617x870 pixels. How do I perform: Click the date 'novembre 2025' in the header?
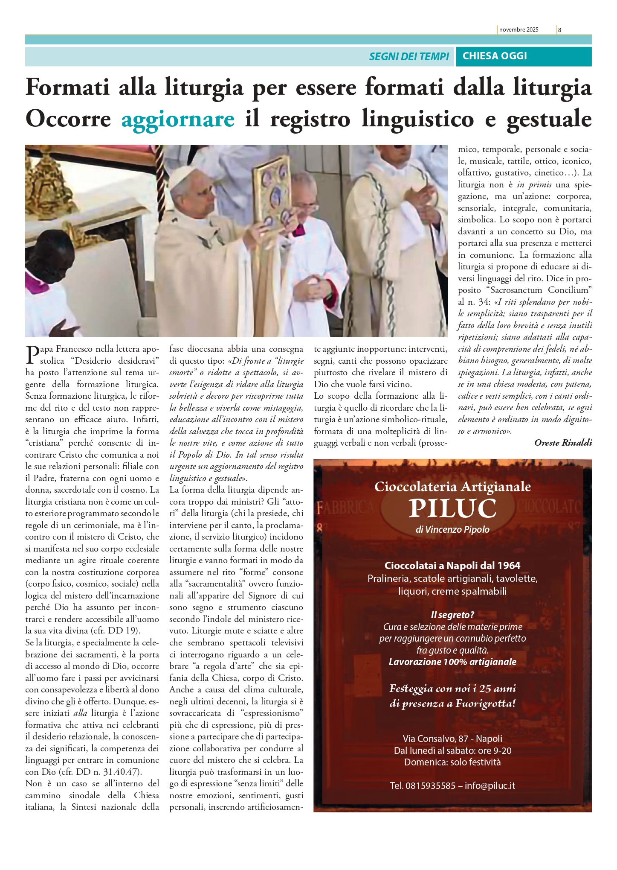(x=519, y=30)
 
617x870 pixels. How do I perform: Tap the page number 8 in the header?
(x=559, y=30)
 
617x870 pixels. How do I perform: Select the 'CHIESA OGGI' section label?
(x=495, y=56)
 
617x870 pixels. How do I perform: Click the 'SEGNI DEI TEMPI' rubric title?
(x=409, y=56)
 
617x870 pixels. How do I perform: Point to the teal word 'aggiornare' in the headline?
(x=178, y=119)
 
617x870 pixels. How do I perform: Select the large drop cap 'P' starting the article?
(x=32, y=355)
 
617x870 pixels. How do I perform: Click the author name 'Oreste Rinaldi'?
(x=563, y=443)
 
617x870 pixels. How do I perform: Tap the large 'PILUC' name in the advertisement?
(x=452, y=508)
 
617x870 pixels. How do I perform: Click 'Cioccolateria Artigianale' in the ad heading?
(x=452, y=487)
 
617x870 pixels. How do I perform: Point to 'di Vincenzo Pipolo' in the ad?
(x=452, y=530)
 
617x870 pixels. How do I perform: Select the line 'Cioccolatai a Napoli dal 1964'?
(x=452, y=566)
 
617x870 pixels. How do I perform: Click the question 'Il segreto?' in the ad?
(x=452, y=615)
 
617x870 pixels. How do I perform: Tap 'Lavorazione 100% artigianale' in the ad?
(x=452, y=662)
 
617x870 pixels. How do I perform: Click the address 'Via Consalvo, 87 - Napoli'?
(x=452, y=739)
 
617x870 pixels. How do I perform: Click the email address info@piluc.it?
(x=490, y=786)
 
